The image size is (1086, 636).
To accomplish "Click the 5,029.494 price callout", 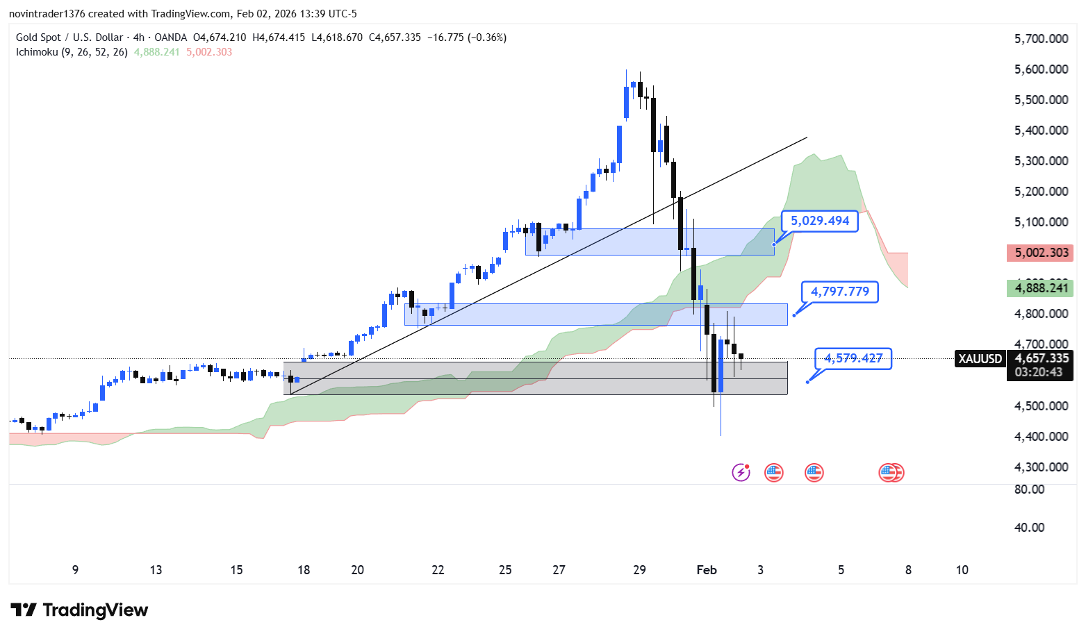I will coord(820,221).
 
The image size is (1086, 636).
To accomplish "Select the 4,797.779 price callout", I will coord(840,292).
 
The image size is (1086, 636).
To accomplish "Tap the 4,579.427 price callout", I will coord(853,358).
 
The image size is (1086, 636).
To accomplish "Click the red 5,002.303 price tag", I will coord(1040,253).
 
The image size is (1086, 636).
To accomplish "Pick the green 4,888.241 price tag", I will coord(1040,288).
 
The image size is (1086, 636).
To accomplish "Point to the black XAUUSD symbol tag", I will coord(980,359).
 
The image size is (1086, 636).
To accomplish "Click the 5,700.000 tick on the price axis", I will coord(1041,39).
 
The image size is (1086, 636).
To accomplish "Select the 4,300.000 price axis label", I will coord(1041,467).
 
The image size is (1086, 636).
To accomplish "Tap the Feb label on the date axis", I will coord(707,570).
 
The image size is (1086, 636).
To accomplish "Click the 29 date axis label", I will coord(639,570).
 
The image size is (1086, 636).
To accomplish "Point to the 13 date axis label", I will coord(156,570).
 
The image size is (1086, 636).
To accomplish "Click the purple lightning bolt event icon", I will coord(741,473).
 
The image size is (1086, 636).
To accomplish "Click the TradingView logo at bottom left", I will coord(79,610).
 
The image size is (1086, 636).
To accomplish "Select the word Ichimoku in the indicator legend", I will coord(38,52).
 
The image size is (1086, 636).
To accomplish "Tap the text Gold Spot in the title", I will coord(35,37).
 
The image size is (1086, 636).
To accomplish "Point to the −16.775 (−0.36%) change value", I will coord(467,37).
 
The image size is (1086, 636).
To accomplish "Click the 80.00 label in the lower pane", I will coord(1029,489).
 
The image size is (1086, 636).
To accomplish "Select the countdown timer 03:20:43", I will coord(1039,372).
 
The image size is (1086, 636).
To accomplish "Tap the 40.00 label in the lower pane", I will coord(1029,528).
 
